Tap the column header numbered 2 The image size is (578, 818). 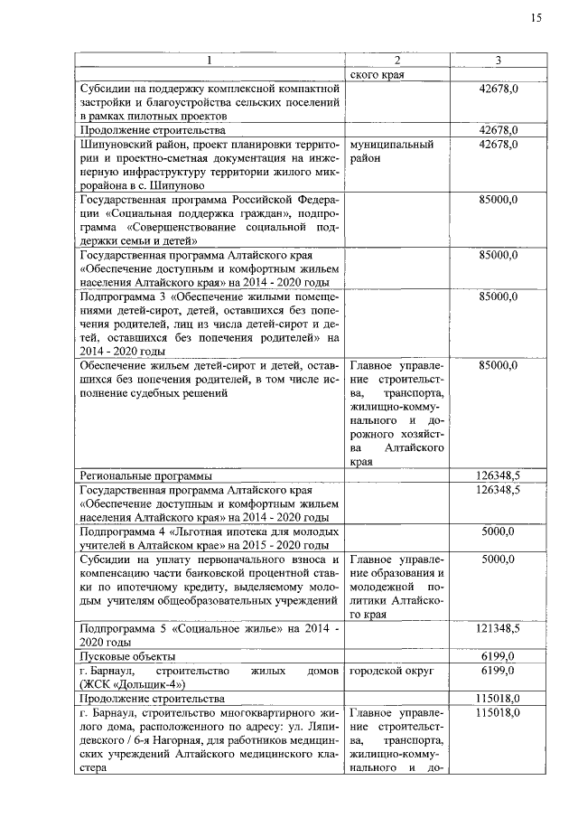click(x=396, y=61)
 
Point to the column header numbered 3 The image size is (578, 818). click(x=499, y=61)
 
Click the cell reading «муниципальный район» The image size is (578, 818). click(x=392, y=151)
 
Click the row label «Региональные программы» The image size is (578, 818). click(x=145, y=475)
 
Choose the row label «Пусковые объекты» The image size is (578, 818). click(x=127, y=655)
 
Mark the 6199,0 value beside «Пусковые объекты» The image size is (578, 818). click(x=499, y=655)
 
